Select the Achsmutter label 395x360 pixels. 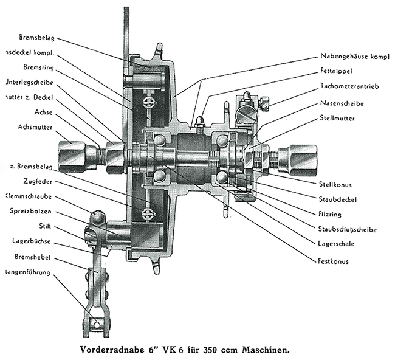(x=21, y=128)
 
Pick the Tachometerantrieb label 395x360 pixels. (x=351, y=87)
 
